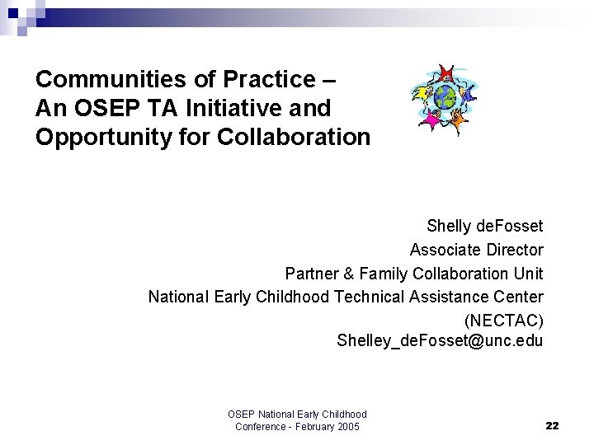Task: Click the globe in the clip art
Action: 445,98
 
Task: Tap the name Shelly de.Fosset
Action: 484,226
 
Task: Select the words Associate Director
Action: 476,249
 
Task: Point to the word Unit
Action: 528,273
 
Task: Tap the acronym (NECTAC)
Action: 503,320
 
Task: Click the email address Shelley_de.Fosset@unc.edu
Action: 440,340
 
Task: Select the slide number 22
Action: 552,425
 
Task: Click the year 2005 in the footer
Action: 347,426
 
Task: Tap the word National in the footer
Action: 279,414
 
